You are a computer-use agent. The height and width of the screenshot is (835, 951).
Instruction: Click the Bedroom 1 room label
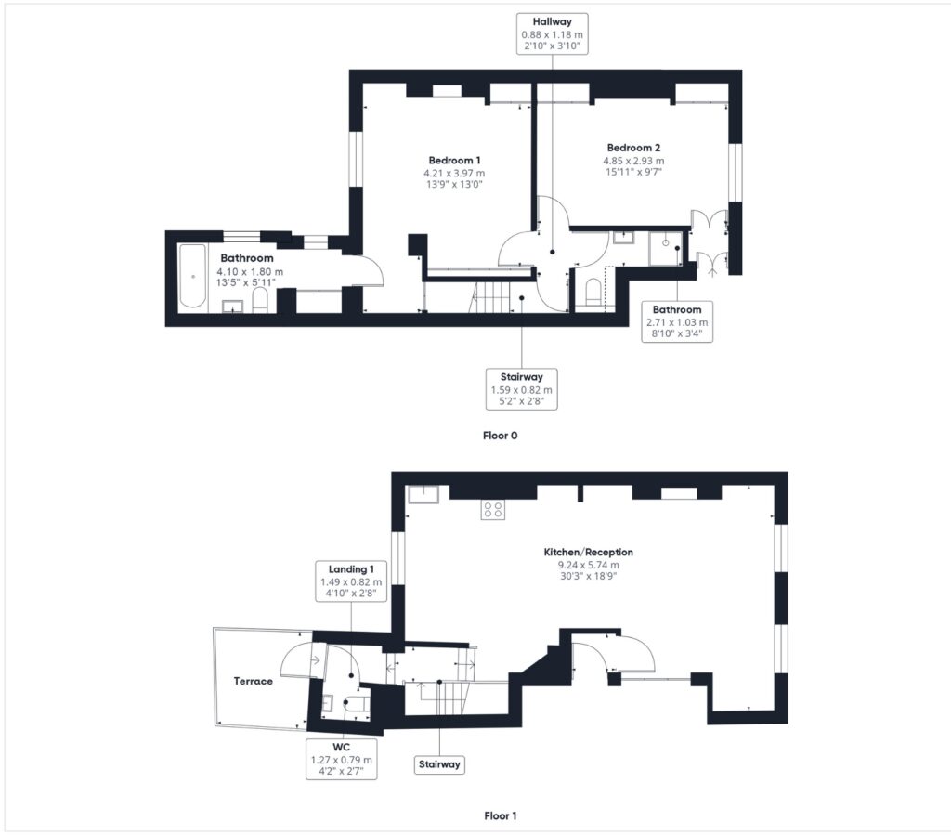click(x=454, y=161)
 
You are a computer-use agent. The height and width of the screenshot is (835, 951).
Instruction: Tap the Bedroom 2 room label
click(x=633, y=148)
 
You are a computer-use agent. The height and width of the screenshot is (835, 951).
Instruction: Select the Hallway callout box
click(x=552, y=34)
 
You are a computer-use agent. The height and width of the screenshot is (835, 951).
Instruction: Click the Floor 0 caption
click(x=501, y=436)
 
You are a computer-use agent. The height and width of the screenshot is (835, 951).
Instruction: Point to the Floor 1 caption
click(x=501, y=815)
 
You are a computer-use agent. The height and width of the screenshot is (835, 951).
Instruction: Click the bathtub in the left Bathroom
click(x=193, y=276)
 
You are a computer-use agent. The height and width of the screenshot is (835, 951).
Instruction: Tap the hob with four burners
click(x=492, y=509)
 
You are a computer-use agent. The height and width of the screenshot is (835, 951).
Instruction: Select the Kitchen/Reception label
click(x=588, y=553)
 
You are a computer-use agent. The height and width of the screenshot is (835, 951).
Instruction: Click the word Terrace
click(x=253, y=681)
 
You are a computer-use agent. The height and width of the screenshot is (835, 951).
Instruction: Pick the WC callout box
click(x=342, y=759)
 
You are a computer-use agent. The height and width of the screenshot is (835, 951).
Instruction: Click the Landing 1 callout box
click(x=351, y=581)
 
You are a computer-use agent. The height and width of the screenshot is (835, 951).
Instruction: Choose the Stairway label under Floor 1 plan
click(x=439, y=764)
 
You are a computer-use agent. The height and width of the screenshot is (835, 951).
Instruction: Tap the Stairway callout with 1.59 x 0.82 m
click(x=522, y=389)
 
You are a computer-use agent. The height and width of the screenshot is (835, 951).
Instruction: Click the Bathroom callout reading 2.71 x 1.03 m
click(x=677, y=321)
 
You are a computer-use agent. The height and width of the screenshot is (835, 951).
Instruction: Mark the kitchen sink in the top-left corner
click(x=423, y=494)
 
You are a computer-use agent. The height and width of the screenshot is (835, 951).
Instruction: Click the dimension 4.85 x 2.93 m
click(x=633, y=161)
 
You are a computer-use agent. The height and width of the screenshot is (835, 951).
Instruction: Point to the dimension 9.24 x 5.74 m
click(x=588, y=565)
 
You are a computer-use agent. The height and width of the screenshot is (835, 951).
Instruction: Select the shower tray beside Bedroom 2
click(x=665, y=248)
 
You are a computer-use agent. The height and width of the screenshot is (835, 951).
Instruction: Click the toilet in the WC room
click(x=357, y=703)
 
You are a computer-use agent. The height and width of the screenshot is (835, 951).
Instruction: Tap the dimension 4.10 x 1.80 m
click(x=250, y=272)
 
